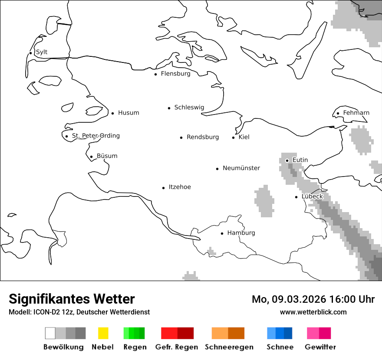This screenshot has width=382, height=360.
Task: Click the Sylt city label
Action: pyautogui.click(x=42, y=52)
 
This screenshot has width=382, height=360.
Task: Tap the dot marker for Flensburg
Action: pyautogui.click(x=156, y=74)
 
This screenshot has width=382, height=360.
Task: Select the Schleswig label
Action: pyautogui.click(x=189, y=108)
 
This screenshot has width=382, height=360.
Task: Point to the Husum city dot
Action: pyautogui.click(x=112, y=113)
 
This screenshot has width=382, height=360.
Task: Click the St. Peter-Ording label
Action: pyautogui.click(x=95, y=136)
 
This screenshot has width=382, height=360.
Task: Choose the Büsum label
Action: pyautogui.click(x=107, y=156)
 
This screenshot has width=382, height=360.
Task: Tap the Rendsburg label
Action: pyautogui.click(x=203, y=137)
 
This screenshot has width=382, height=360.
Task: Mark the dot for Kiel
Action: pyautogui.click(x=234, y=137)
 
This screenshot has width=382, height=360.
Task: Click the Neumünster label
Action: pyautogui.click(x=241, y=168)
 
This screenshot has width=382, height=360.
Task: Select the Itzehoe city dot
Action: pyautogui.click(x=164, y=188)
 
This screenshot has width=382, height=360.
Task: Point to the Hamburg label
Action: pyautogui.click(x=241, y=233)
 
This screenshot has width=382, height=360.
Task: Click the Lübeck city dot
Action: pyautogui.click(x=296, y=197)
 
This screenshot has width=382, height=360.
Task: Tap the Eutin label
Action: pyautogui.click(x=300, y=160)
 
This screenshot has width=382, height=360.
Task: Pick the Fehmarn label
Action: pyautogui.click(x=356, y=113)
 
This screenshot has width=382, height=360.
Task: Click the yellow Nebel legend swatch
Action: pyautogui.click(x=103, y=333)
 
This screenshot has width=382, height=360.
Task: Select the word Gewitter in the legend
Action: pyautogui.click(x=320, y=347)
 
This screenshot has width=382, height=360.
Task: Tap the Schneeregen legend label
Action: pyautogui.click(x=229, y=347)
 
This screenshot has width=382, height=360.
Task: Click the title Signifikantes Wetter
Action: pyautogui.click(x=72, y=299)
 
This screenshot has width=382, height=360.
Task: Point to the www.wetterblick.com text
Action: pyautogui.click(x=313, y=312)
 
